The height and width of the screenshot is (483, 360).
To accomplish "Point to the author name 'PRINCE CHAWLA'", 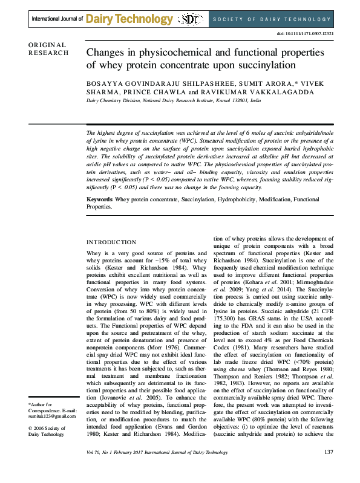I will pos(154,91).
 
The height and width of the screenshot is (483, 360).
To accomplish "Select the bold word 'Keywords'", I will pos(100,199).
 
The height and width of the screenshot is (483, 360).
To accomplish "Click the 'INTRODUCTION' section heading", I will pos(111,242).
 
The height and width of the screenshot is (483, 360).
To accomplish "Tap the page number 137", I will pos(329,469).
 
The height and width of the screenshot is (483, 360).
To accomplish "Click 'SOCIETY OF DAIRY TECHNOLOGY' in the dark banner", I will pos(276,19).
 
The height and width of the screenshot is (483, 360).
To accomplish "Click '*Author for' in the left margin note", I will pos(40,404).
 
